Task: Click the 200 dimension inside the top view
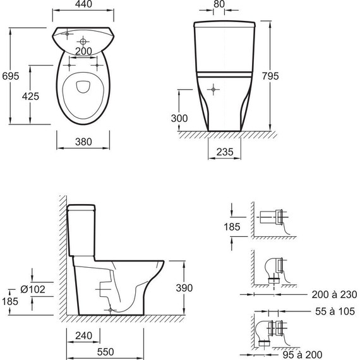pyautogui.click(x=83, y=51)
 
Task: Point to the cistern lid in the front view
pyautogui.click(x=224, y=26)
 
